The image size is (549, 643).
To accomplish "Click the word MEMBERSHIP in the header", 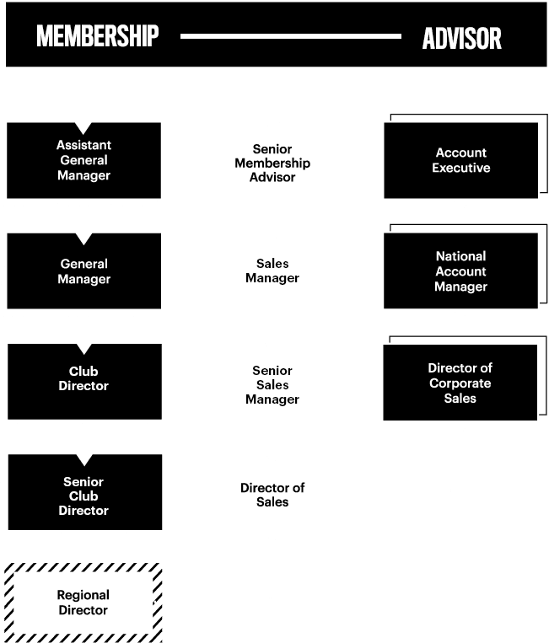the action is (97, 36).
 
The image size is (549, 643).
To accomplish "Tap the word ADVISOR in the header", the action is (461, 39).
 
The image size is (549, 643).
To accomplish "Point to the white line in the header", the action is (290, 36).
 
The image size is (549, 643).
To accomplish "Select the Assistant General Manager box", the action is (83, 160).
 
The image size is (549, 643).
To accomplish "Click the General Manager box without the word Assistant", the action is (83, 271).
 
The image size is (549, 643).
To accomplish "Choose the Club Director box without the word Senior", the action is (84, 382).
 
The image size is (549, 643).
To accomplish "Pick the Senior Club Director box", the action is (85, 492).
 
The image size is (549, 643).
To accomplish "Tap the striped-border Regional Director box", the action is (83, 603).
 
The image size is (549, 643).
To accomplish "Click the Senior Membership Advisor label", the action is (272, 163).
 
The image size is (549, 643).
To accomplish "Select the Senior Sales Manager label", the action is (272, 384).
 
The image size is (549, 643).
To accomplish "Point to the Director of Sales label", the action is (272, 495).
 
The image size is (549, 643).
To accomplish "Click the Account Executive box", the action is (460, 160).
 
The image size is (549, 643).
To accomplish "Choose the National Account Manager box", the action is (460, 271).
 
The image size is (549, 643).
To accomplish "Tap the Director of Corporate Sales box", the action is (460, 383).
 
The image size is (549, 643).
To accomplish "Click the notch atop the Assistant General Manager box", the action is (83, 127).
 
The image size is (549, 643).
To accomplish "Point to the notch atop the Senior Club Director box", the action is (84, 459).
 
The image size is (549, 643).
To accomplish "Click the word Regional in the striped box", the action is (83, 595).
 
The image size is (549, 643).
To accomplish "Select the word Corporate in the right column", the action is (460, 383).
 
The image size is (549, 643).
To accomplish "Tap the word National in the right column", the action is (460, 256).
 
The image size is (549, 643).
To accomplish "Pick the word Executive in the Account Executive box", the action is (460, 168).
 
